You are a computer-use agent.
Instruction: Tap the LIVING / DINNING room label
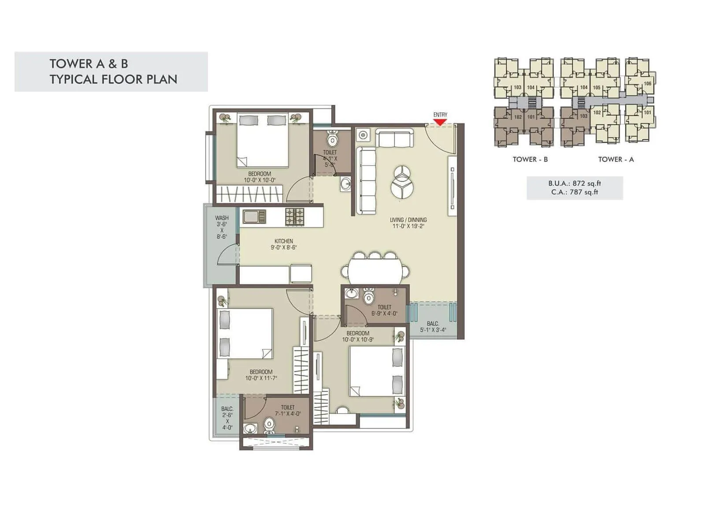pos(408,223)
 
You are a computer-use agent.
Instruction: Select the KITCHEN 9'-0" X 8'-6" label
pos(283,244)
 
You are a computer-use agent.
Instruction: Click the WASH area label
pos(222,227)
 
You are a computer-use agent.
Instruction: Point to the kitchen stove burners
pos(295,216)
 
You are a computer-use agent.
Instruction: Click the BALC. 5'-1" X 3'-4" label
pos(433,327)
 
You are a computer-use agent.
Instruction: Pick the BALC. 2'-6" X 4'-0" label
pos(227,418)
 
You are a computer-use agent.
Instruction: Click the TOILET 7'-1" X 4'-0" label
pos(287,410)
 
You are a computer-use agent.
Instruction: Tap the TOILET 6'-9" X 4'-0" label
pos(384,310)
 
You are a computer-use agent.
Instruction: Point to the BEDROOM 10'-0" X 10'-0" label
pos(260,177)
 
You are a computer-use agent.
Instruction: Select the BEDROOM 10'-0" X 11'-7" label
pos(261,375)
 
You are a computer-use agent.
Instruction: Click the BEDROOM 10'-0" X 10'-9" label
pos(358,336)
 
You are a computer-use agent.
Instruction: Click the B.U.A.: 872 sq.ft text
pos(575,183)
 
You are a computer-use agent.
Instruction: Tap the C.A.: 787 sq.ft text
pos(575,192)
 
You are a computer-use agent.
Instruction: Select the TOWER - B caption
pos(530,159)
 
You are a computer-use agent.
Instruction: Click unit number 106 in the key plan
pos(647,84)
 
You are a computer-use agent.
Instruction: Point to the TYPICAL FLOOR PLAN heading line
pos(113,79)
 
